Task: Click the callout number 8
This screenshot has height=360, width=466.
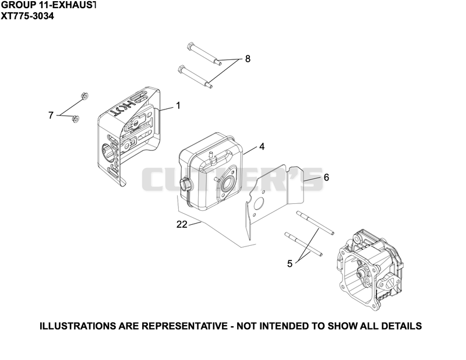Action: pos(248,59)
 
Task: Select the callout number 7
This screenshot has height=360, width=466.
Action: pos(51,115)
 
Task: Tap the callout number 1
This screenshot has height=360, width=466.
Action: pos(178,105)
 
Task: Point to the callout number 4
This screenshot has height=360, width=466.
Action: pos(262,146)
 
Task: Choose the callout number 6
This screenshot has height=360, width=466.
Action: pos(326,177)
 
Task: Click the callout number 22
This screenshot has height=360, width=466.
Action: pos(182,224)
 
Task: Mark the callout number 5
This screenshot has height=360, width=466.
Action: pos(290,263)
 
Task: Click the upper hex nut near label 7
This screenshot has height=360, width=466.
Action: pos(85,96)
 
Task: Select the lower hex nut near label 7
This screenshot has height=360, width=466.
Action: pos(76,119)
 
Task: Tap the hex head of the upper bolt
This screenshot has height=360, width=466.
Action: pos(190,47)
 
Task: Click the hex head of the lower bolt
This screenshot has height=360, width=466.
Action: pos(182,69)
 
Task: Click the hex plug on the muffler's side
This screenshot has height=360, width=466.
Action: pos(186,183)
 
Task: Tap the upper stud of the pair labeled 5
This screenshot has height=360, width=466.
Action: pos(315,223)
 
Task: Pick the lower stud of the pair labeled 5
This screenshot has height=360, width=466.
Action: pos(303,243)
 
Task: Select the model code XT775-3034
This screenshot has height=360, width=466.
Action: pos(27,16)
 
